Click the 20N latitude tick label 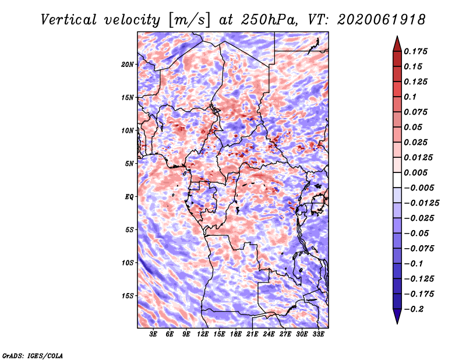click(128, 65)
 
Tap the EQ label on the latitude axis click(129, 197)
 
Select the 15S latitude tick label click(128, 296)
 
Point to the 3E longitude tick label click(153, 334)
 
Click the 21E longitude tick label click(252, 334)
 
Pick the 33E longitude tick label click(318, 334)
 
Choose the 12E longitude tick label click(202, 334)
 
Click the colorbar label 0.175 click(415, 51)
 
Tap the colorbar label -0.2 click(414, 309)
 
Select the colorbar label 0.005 click(415, 172)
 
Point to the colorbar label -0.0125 click(421, 203)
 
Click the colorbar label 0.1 click(410, 97)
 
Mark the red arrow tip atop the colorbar click(397, 36)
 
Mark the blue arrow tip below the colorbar click(397, 323)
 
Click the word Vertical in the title click(69, 20)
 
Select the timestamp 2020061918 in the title click(382, 20)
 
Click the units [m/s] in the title click(189, 20)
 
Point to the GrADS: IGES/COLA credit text click(33, 355)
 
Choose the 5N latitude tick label click(129, 164)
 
